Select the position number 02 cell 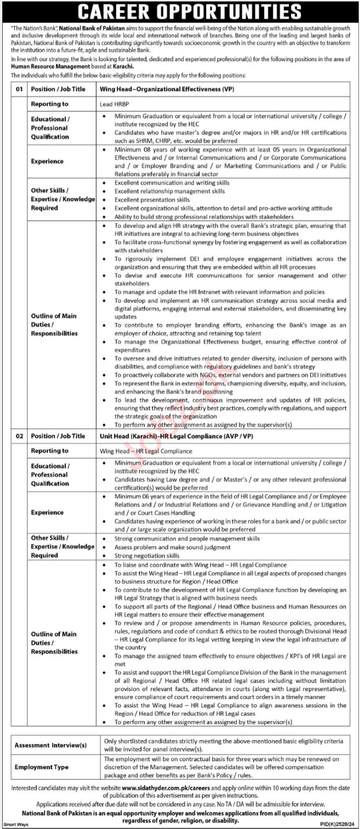(20, 436)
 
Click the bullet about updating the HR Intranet (219, 292)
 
